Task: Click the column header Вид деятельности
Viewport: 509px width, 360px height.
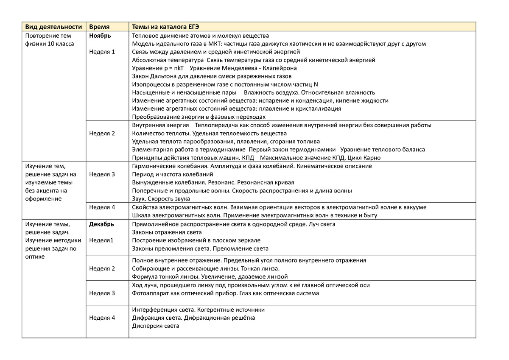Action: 52,27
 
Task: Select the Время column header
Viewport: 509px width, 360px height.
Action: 99,27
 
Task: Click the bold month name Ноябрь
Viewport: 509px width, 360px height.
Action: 100,36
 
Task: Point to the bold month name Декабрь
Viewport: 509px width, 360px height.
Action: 102,224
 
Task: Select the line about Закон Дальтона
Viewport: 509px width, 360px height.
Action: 212,76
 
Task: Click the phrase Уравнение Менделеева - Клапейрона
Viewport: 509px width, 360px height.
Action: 243,68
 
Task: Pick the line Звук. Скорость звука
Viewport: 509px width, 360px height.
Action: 161,198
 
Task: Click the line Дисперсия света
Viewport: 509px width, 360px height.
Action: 156,326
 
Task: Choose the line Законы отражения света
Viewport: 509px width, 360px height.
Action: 167,232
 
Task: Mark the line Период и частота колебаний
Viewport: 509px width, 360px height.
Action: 173,174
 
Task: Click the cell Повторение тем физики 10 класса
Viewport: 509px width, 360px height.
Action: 50,40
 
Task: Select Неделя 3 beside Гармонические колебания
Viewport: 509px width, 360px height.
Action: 102,174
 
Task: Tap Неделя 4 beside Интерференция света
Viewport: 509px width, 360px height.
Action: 102,318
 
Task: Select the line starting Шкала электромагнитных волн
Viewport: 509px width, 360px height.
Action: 255,215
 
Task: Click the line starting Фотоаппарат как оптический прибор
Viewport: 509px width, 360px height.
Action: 225,293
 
